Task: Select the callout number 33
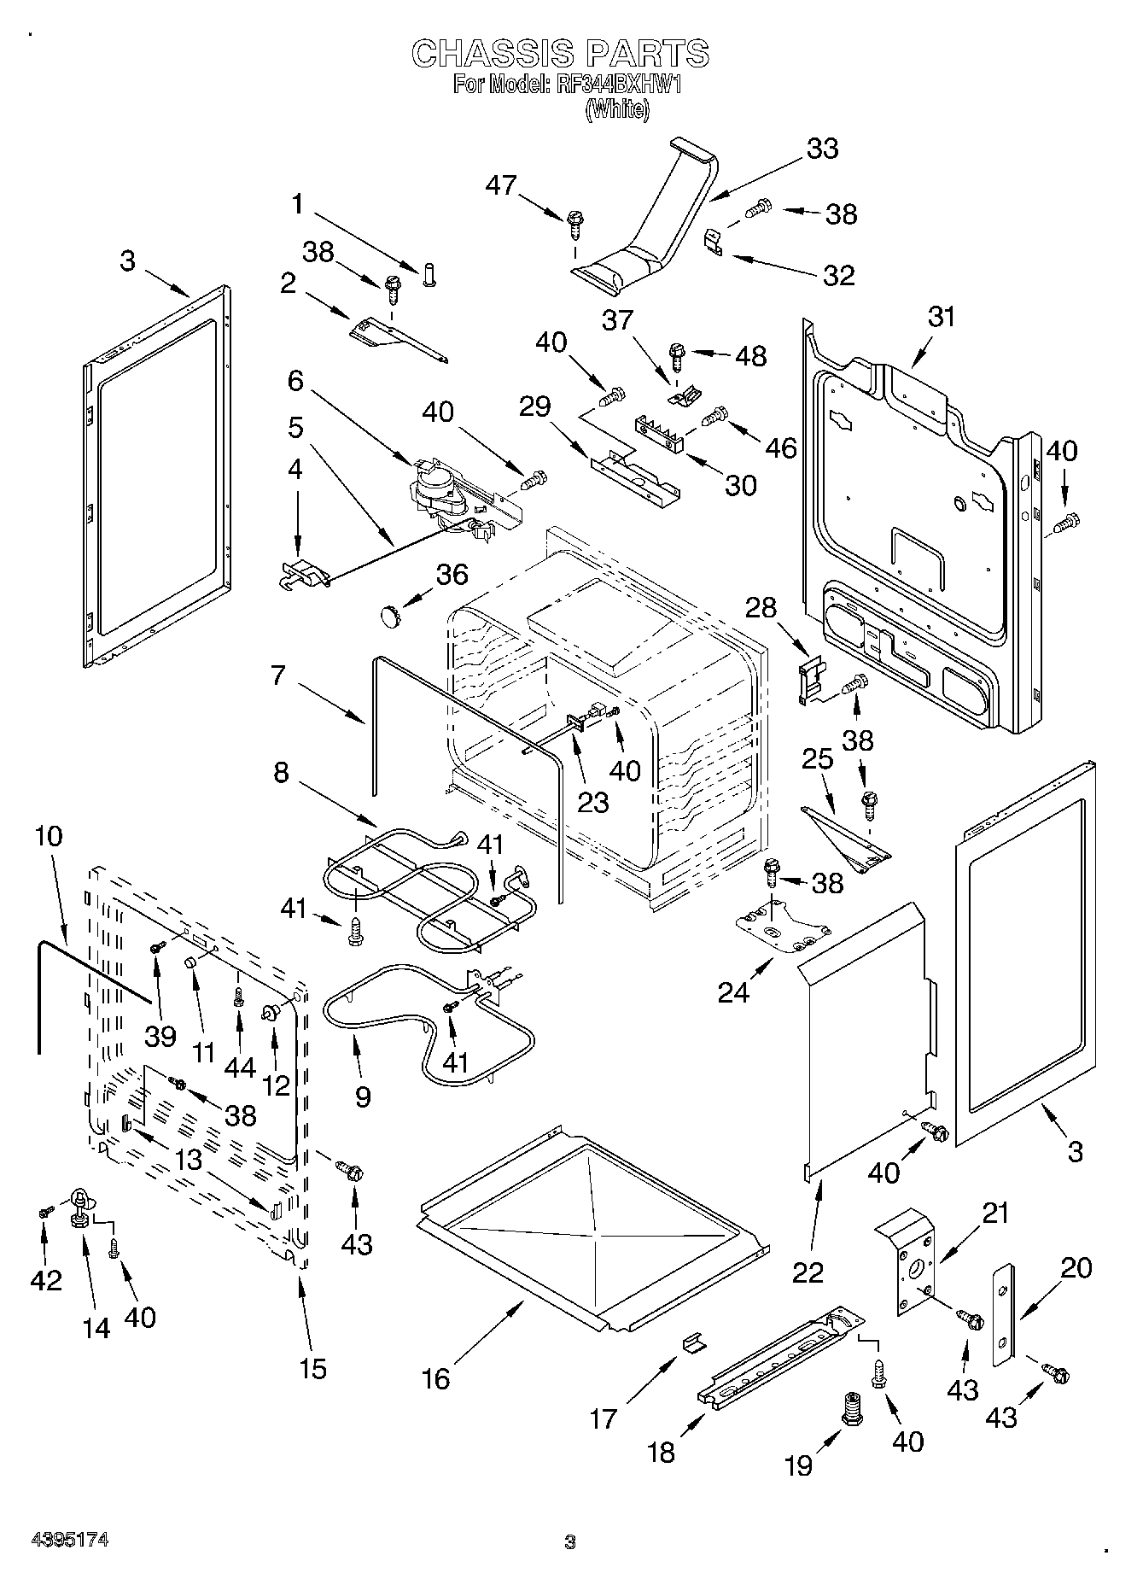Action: [x=822, y=149]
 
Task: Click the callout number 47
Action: [x=502, y=184]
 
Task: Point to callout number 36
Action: [x=452, y=575]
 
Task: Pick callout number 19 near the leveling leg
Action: [x=799, y=1465]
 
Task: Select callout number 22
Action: [x=808, y=1272]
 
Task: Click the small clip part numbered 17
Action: [x=695, y=1344]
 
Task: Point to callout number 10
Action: [x=49, y=836]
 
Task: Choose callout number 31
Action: [x=942, y=317]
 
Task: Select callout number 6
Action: [x=295, y=381]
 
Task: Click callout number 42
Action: [x=46, y=1279]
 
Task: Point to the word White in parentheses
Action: [x=617, y=110]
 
